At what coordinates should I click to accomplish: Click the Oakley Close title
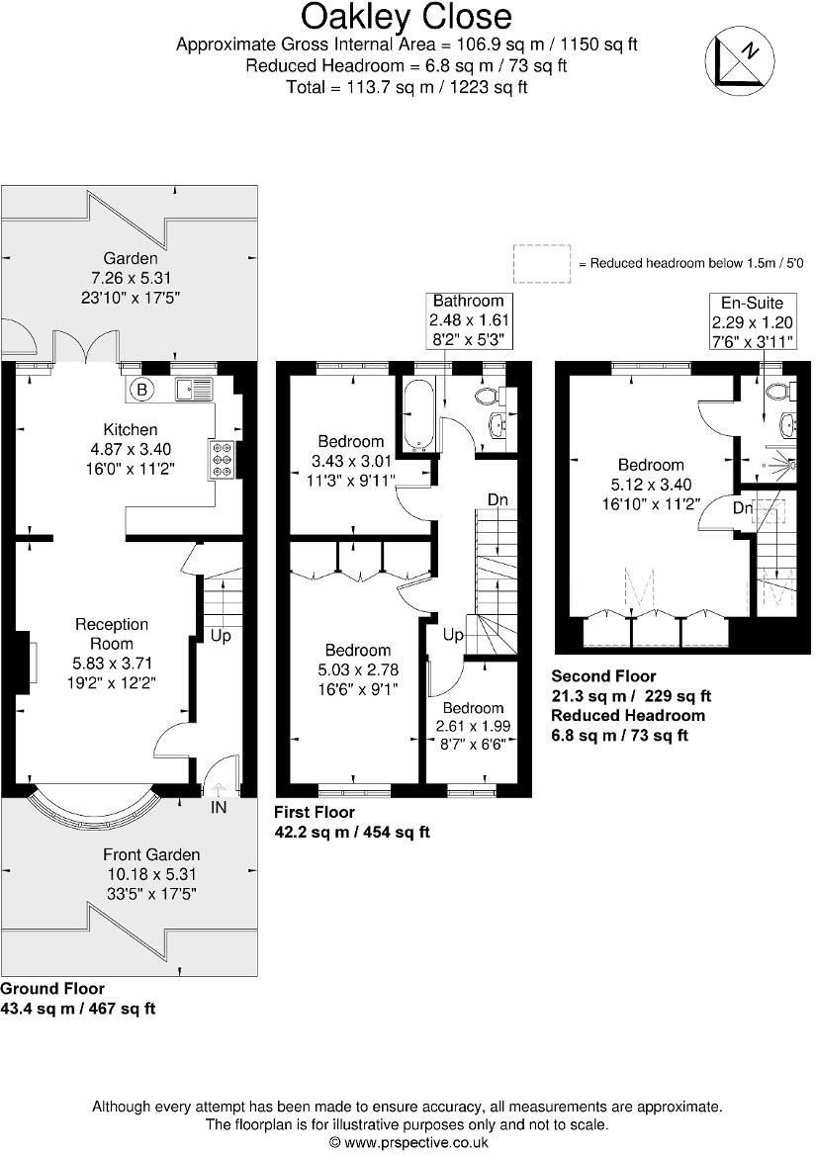(x=407, y=17)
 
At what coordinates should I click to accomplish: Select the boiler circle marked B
(x=142, y=390)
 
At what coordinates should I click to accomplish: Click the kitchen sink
(x=194, y=390)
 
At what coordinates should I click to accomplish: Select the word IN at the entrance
(x=218, y=808)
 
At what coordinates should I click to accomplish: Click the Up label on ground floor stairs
(x=221, y=636)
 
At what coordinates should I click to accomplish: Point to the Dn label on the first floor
(x=498, y=500)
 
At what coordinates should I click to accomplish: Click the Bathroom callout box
(x=468, y=318)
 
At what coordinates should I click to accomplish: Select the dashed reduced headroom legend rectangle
(x=542, y=263)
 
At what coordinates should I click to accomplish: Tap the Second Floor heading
(x=603, y=676)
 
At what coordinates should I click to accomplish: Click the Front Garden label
(x=151, y=854)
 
